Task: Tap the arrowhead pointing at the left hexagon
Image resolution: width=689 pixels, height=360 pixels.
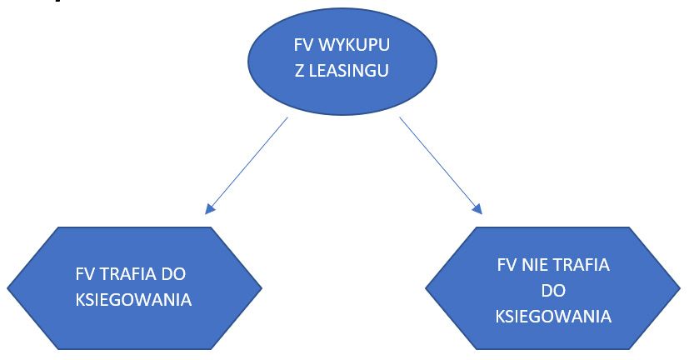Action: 209,208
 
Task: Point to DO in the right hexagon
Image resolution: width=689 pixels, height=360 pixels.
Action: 553,291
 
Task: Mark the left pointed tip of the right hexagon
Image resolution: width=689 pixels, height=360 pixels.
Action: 427,290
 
